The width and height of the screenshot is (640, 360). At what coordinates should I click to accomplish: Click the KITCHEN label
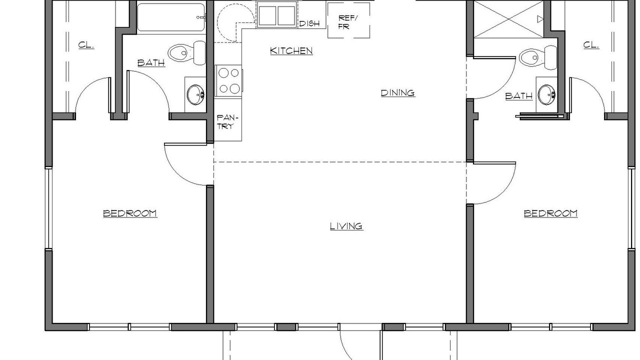(x=291, y=51)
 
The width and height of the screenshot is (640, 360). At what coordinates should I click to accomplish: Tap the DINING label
(x=398, y=93)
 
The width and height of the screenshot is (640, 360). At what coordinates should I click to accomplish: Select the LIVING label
(x=346, y=226)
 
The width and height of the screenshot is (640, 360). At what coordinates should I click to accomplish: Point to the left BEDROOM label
(x=130, y=213)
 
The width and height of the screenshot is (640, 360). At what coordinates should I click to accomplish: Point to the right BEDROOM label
(x=550, y=213)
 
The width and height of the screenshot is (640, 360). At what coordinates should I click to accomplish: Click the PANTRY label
(x=227, y=122)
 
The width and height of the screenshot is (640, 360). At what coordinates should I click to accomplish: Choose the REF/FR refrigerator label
(x=347, y=22)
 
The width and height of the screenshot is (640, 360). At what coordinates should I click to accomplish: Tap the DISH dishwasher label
(x=309, y=23)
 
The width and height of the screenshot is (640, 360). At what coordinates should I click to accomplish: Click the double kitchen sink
(x=276, y=15)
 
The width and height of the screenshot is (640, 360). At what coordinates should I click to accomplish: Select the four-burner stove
(x=228, y=81)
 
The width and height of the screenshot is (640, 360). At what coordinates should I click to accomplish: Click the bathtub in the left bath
(x=171, y=17)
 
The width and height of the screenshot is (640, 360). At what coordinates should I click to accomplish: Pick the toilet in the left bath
(x=187, y=53)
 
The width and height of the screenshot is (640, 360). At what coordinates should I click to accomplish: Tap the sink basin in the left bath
(x=195, y=94)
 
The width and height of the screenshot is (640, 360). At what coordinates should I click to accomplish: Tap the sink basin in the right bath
(x=546, y=94)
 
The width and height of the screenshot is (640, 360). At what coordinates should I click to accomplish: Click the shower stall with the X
(x=509, y=19)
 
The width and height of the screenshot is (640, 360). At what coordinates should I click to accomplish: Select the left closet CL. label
(x=86, y=45)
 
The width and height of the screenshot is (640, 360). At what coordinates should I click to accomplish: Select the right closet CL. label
(x=591, y=45)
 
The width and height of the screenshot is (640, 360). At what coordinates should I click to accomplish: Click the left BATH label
(x=151, y=63)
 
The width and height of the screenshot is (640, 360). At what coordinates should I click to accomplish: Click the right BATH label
(x=519, y=96)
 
